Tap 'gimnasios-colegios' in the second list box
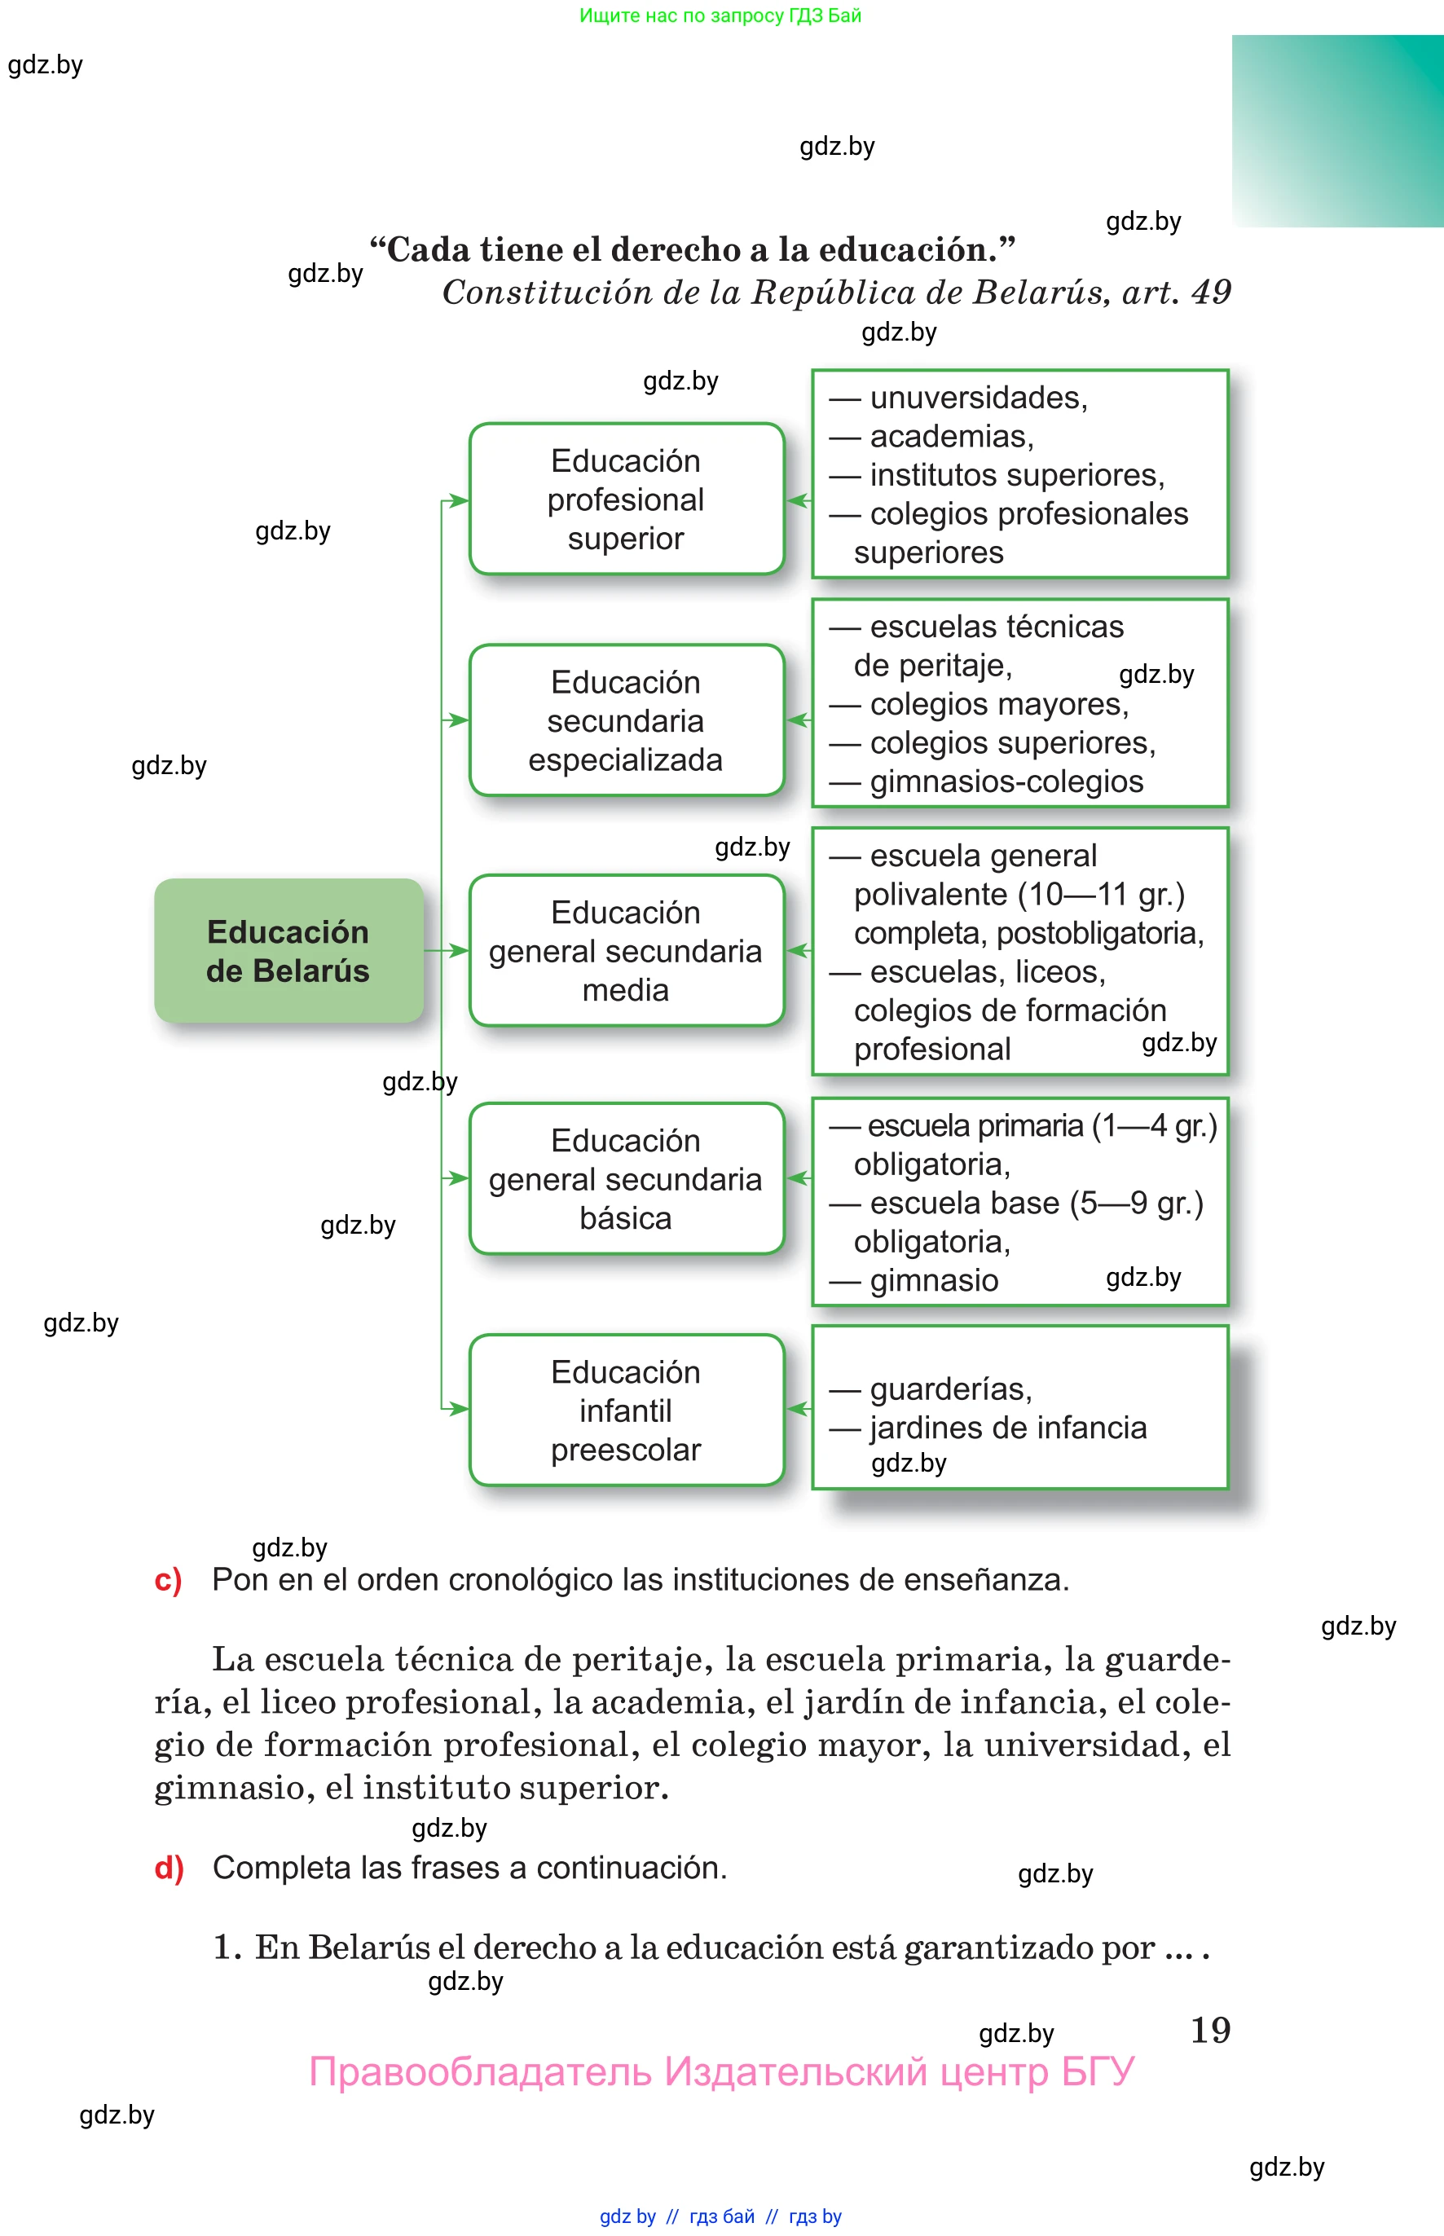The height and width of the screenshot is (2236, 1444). pyautogui.click(x=1006, y=781)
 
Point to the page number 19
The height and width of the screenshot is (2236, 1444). pyautogui.click(x=1209, y=2030)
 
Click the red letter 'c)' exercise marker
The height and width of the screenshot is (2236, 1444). pyautogui.click(x=168, y=1580)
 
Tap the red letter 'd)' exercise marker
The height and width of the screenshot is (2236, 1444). pyautogui.click(x=169, y=1868)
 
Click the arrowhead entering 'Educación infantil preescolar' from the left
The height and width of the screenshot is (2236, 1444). pyautogui.click(x=458, y=1409)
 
